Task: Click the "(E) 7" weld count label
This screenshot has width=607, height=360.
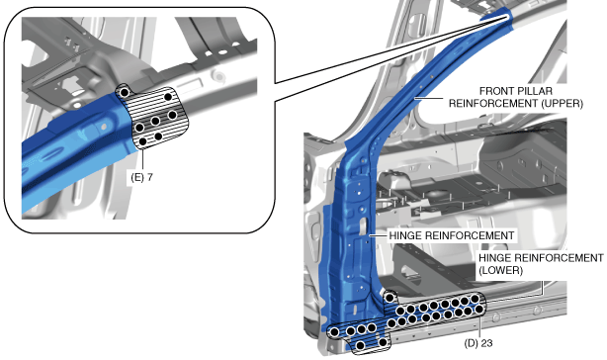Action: [141, 178]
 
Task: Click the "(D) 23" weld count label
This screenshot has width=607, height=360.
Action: [478, 343]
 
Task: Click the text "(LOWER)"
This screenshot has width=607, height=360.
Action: [500, 270]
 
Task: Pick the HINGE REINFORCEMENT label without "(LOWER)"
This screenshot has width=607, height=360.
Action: [452, 235]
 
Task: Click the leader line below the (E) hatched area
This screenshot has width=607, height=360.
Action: [142, 160]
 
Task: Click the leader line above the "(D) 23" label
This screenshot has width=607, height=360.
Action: [479, 326]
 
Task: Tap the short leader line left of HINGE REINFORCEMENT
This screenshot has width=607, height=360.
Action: [378, 235]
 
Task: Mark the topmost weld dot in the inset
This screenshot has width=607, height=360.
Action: [125, 92]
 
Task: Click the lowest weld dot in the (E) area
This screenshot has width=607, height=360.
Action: [142, 141]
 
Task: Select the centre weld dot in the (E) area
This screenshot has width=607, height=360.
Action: [155, 122]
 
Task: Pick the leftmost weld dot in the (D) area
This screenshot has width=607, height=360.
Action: [334, 331]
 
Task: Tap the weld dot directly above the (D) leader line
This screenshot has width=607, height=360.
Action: [479, 309]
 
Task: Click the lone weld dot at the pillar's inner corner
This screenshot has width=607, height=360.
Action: [390, 298]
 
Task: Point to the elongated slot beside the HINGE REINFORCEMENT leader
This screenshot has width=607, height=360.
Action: [363, 226]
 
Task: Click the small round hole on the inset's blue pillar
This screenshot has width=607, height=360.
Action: [104, 127]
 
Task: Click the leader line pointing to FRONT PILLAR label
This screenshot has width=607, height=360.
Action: [429, 98]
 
